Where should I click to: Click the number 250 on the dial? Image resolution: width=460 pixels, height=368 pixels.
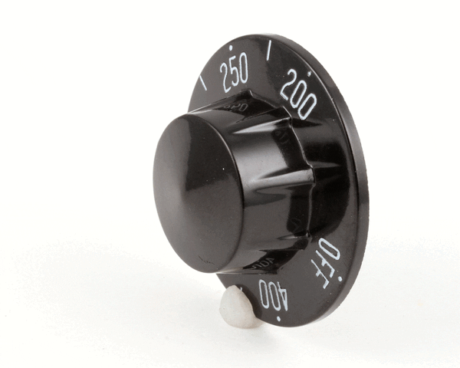pos(235,73)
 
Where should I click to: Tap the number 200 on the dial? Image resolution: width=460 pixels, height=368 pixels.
pos(297,94)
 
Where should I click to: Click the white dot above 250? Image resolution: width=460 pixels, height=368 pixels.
pos(232,48)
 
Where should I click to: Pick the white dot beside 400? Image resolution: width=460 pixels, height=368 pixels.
pos(278,319)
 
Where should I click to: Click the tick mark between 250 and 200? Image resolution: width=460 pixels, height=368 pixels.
pos(269,51)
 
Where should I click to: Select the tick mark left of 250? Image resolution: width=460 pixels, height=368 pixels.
pos(203,83)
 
